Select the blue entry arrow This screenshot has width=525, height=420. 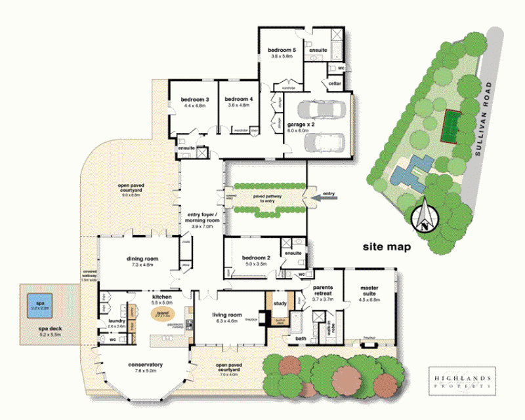click(325, 195)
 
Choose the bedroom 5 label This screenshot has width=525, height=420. click(282, 50)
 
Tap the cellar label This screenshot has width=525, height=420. click(334, 83)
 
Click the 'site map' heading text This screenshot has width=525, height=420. click(387, 247)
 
